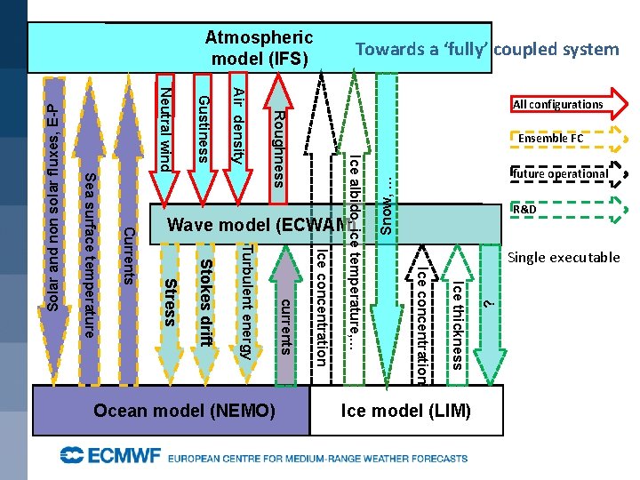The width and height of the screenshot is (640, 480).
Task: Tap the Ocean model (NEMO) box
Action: click(185, 412)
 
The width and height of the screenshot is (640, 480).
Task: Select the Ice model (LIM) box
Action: click(406, 412)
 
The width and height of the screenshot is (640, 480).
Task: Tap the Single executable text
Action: click(564, 258)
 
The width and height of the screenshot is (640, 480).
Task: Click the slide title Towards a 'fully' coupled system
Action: click(486, 50)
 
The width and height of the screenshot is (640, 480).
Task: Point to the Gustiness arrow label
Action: click(203, 129)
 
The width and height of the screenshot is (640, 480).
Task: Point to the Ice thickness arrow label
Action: click(456, 324)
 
